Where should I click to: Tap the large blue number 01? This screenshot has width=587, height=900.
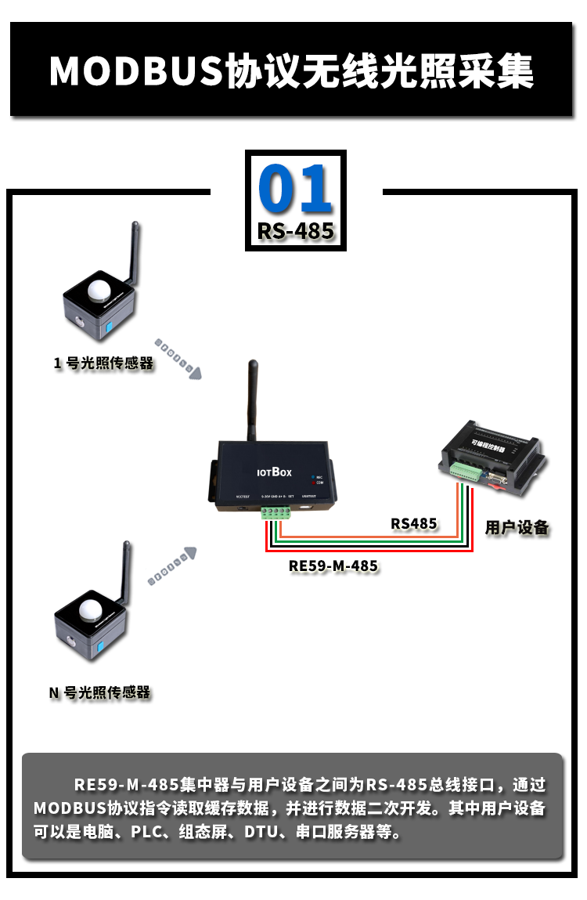(x=295, y=189)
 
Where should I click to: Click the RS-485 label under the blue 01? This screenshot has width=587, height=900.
(x=295, y=231)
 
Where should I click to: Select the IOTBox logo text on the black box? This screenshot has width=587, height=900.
(x=275, y=472)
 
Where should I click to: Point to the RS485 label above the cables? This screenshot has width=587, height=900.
(x=414, y=523)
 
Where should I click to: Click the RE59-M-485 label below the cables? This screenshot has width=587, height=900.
(x=333, y=566)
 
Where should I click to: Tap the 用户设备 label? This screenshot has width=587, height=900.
(x=517, y=527)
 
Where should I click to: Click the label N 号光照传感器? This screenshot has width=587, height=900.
(x=99, y=692)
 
